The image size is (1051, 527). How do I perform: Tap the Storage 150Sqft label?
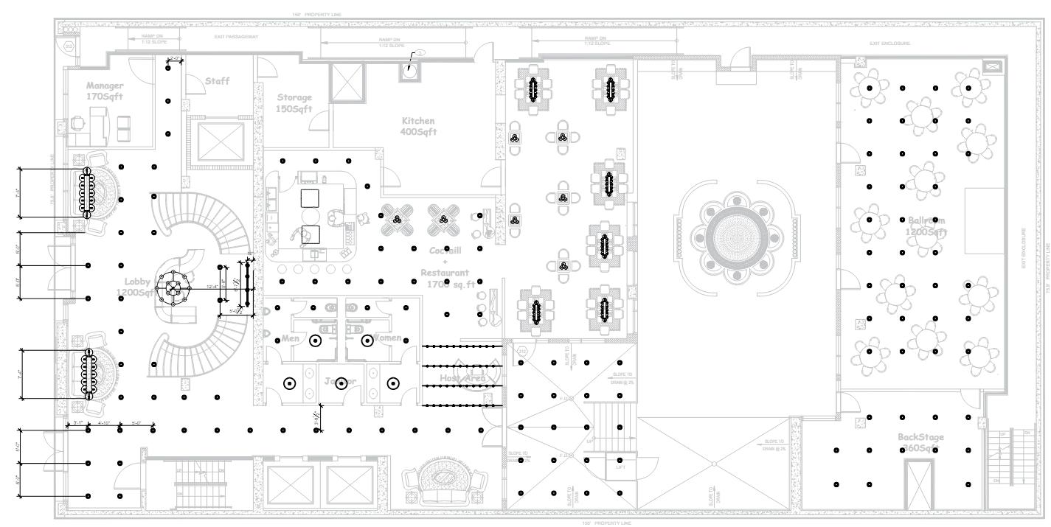294,103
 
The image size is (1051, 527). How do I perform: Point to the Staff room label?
217,80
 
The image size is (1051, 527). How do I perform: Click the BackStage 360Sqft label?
920,443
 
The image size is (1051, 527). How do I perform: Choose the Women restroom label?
389,338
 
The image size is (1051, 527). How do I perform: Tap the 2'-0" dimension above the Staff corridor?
176,57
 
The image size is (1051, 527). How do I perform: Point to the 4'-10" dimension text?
104,423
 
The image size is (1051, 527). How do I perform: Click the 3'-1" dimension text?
77,423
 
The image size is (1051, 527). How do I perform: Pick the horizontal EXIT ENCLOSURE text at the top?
889,44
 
